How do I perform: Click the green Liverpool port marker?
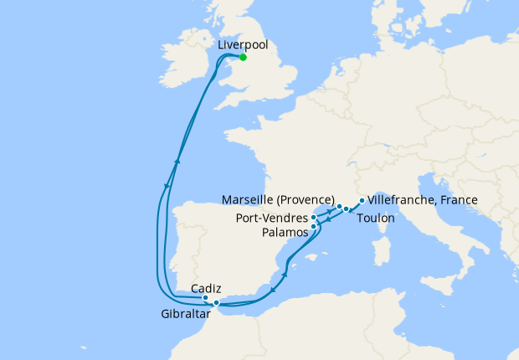click(x=243, y=58)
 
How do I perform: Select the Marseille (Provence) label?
click(x=279, y=199)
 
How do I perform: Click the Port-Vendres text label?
click(x=271, y=217)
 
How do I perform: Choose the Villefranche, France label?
click(x=423, y=200)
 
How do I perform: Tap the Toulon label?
click(x=376, y=217)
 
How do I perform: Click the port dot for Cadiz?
click(x=205, y=297)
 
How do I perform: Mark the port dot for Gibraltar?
click(x=216, y=302)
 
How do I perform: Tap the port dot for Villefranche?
click(x=361, y=201)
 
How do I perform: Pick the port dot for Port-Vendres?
click(x=314, y=217)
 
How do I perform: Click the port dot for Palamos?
click(x=314, y=226)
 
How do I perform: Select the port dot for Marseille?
click(x=338, y=205)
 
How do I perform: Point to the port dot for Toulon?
click(x=346, y=208)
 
